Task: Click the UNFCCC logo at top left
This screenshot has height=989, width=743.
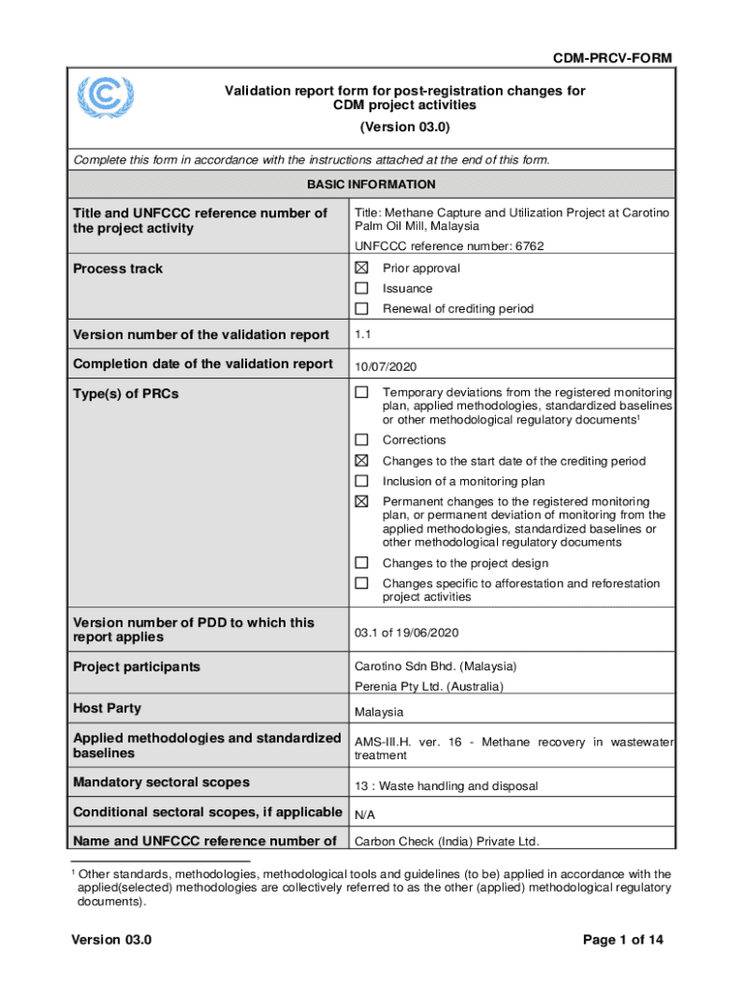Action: pyautogui.click(x=106, y=97)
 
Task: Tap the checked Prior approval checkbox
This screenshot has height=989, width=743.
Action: pyautogui.click(x=361, y=268)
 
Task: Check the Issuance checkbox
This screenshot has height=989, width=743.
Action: pyautogui.click(x=361, y=288)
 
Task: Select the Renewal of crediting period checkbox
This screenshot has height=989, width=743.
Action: pyautogui.click(x=361, y=308)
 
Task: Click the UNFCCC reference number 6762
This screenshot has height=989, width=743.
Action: pyautogui.click(x=449, y=246)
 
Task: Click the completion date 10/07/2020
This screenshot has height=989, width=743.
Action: pyautogui.click(x=387, y=366)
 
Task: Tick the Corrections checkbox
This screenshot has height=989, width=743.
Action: pyautogui.click(x=361, y=439)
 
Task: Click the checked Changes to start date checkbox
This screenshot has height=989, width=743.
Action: pyautogui.click(x=361, y=461)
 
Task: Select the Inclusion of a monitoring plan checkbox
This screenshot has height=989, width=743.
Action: pyautogui.click(x=361, y=481)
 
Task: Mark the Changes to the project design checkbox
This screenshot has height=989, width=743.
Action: pyautogui.click(x=361, y=562)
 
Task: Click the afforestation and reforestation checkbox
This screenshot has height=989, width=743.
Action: pyautogui.click(x=361, y=583)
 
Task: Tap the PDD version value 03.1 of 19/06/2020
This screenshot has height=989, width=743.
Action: pyautogui.click(x=407, y=632)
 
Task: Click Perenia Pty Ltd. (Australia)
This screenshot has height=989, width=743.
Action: pyautogui.click(x=429, y=687)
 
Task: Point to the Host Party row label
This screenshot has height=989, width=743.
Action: pyautogui.click(x=107, y=708)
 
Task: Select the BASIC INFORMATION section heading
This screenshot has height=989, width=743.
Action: pyautogui.click(x=371, y=184)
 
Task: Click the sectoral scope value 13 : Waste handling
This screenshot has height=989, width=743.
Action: pyautogui.click(x=446, y=786)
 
